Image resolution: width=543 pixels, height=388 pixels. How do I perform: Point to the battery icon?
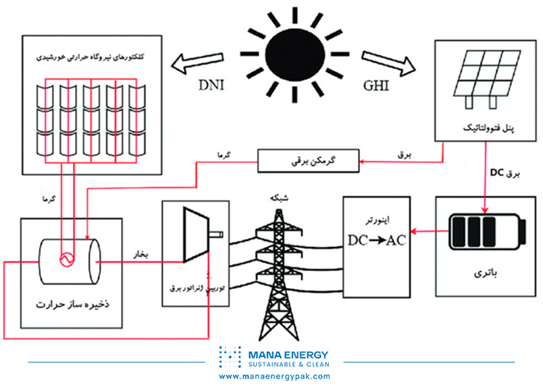point(479,232)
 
